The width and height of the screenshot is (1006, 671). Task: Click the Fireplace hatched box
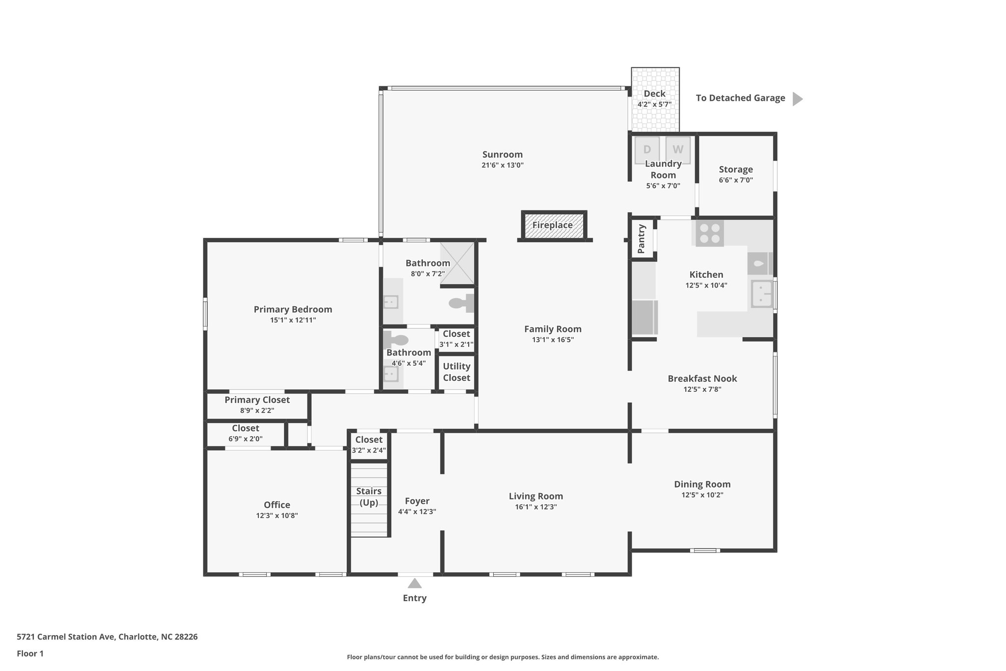tap(554, 226)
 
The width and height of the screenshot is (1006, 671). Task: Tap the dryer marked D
tap(646, 149)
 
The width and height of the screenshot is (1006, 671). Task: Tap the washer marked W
tap(678, 149)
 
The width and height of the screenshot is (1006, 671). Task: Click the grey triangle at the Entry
tap(415, 583)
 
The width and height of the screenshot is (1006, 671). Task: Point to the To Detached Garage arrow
tap(798, 99)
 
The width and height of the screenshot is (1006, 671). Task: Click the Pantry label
tap(642, 239)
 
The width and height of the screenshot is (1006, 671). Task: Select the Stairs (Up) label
tap(369, 496)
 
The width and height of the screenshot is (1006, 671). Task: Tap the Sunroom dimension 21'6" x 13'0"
tap(503, 165)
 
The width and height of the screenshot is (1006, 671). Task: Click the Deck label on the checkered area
tap(654, 93)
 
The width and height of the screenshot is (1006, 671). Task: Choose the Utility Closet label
tap(456, 372)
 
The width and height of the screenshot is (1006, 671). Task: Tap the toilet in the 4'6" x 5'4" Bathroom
tap(397, 340)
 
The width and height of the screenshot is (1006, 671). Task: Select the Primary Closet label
tap(257, 400)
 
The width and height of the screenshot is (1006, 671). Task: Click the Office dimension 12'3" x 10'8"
tap(277, 516)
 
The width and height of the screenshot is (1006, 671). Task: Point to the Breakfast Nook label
tap(702, 379)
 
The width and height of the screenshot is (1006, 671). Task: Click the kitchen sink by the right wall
tap(761, 294)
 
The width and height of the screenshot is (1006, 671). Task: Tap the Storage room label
tap(736, 170)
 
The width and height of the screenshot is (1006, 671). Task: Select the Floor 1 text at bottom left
tap(30, 653)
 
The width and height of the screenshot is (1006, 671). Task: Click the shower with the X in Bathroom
tap(457, 263)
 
